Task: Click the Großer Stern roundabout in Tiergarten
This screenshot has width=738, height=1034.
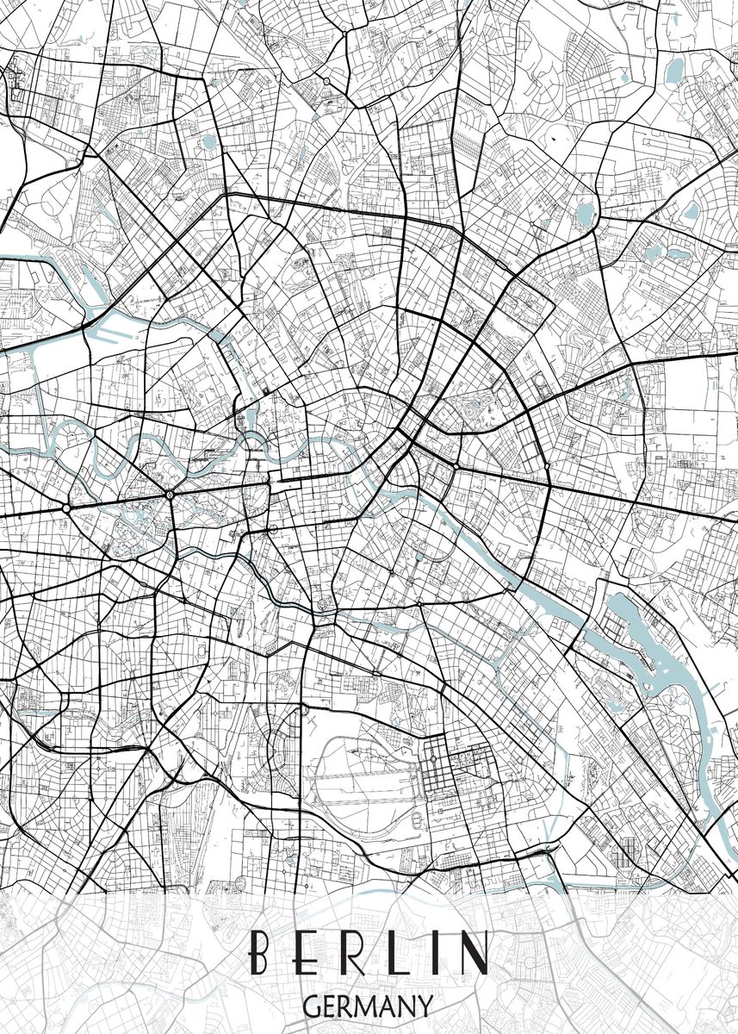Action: point(170,495)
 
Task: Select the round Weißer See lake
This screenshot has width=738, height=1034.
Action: point(586,212)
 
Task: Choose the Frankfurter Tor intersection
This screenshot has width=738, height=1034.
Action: point(548,467)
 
